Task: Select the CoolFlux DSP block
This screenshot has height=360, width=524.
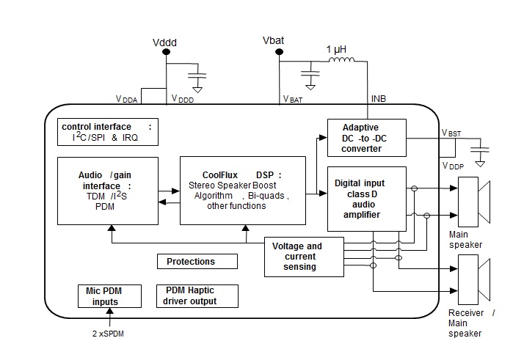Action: pos(243,190)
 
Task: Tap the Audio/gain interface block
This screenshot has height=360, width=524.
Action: pos(107,190)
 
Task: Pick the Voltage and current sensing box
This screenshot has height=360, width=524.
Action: pos(302,257)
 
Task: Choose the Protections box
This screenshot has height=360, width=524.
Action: pos(197,261)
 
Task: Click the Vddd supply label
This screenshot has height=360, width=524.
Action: pos(164,43)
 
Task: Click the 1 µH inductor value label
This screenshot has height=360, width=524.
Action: pos(336,50)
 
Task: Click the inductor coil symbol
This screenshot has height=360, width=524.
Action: pos(340,62)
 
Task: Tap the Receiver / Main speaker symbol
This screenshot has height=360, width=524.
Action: pos(473,279)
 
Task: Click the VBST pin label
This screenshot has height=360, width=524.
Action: pos(452,133)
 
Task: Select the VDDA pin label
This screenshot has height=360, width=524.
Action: pos(126,98)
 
